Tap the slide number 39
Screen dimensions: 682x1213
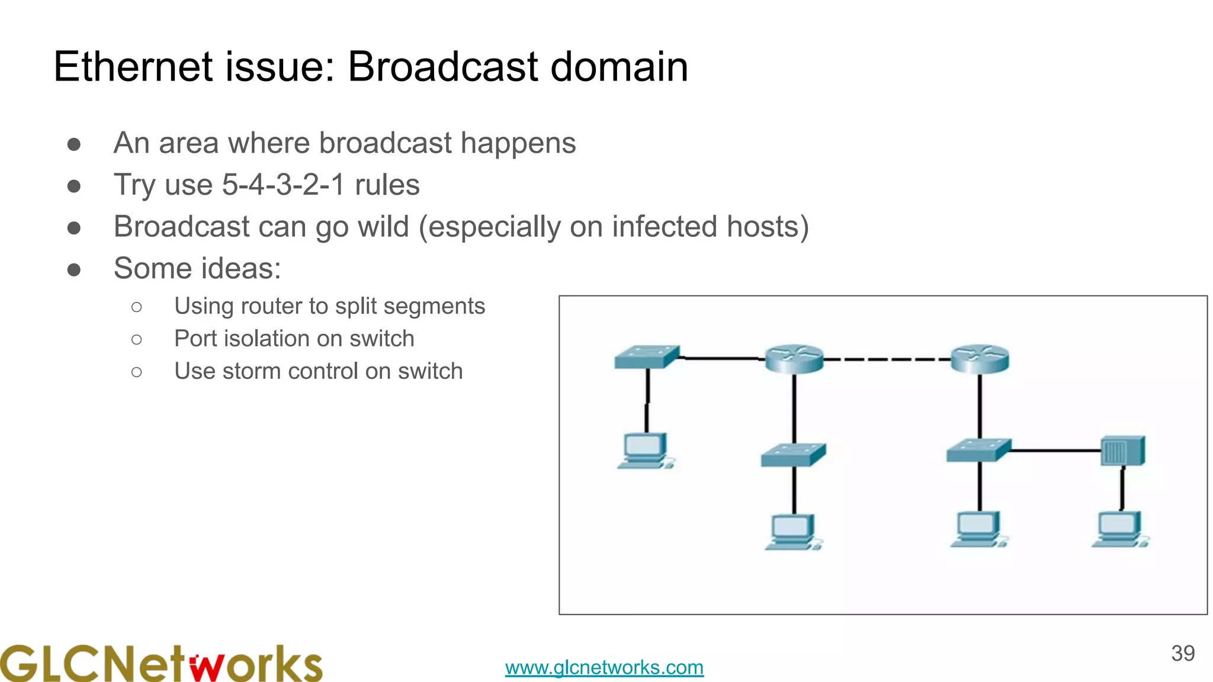coord(1182,654)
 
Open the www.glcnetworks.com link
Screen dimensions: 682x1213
coord(604,667)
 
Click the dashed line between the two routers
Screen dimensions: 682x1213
coord(887,359)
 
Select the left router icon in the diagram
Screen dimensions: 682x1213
coord(794,359)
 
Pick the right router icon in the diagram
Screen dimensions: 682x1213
coord(980,359)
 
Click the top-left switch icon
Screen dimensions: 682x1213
coord(647,356)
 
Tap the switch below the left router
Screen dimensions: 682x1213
coord(793,455)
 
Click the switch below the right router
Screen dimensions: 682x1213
coord(978,450)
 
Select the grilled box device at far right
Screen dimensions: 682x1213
coord(1122,451)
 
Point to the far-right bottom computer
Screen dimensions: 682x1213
coord(1119,529)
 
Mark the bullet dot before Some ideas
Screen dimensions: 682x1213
coord(74,270)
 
